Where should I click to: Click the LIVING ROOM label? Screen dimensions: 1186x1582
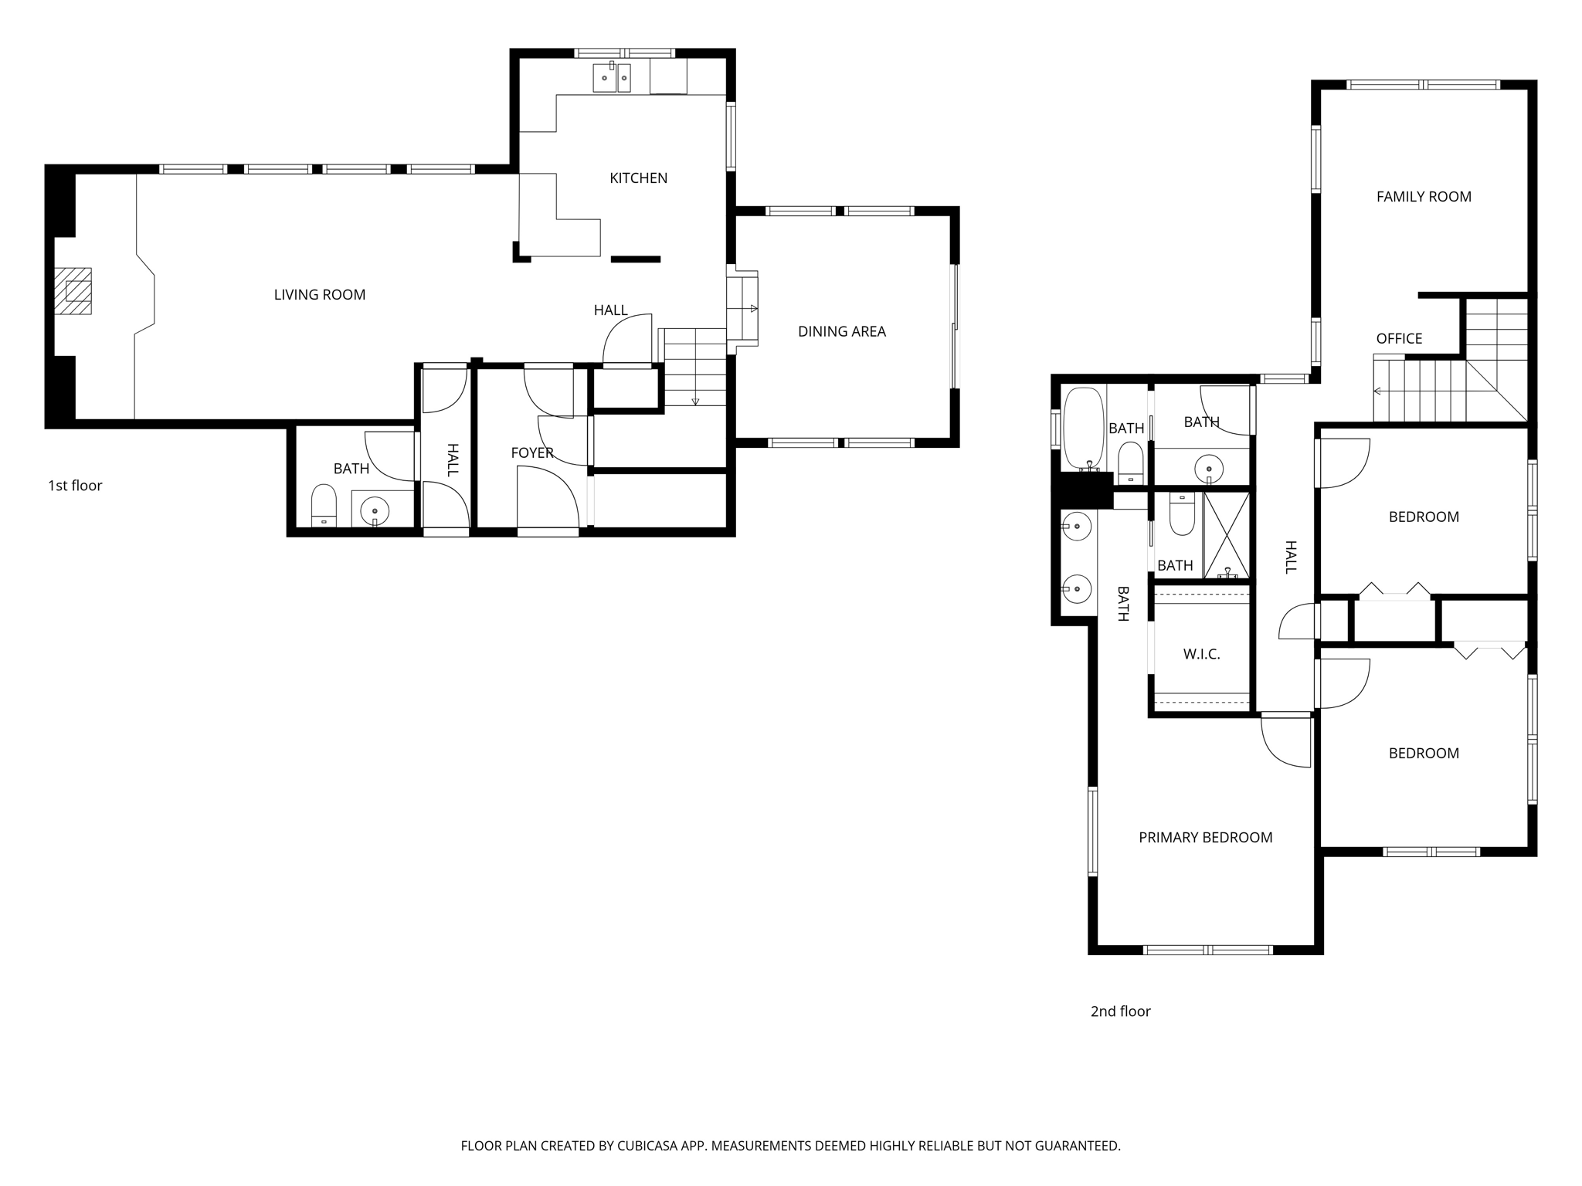click(x=319, y=294)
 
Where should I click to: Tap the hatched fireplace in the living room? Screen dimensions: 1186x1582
click(x=73, y=291)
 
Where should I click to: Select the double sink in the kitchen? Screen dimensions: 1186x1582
click(x=612, y=78)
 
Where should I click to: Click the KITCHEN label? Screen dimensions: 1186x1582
click(x=638, y=178)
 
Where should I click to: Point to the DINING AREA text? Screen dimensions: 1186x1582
click(x=841, y=331)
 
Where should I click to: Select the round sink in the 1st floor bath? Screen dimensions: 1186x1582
click(x=375, y=510)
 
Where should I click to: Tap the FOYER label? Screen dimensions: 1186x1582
click(x=532, y=452)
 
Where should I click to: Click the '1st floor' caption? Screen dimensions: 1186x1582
click(x=75, y=485)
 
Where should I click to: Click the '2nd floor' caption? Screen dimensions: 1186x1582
click(x=1120, y=1011)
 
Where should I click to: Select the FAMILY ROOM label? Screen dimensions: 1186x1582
click(x=1424, y=196)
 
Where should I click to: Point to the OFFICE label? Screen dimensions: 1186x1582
click(x=1399, y=338)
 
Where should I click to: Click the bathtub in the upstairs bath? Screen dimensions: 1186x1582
click(x=1084, y=429)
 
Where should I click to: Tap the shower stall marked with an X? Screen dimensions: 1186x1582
click(x=1227, y=534)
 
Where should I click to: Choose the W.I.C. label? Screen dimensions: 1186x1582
click(x=1201, y=654)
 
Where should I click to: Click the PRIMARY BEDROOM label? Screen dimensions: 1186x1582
click(x=1205, y=837)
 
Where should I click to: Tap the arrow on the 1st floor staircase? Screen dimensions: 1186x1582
click(x=695, y=401)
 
